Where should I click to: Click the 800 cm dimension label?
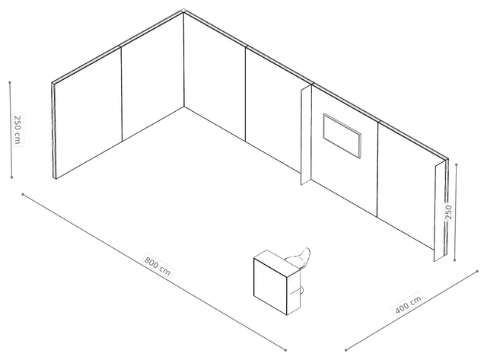point(158,266)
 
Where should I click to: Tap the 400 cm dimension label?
point(409,304)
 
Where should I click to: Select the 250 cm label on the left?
point(18,129)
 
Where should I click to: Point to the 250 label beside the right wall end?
point(448,212)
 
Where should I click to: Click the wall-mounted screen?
point(342,135)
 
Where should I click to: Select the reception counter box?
point(277,282)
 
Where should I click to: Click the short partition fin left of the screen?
point(306,135)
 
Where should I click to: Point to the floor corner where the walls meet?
point(184,107)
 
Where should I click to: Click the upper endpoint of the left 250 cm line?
point(10,83)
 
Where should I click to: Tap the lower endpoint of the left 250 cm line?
point(12,177)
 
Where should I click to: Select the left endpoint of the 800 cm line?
point(23,194)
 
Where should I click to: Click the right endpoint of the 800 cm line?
point(285,350)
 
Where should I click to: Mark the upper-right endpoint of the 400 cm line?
point(477,271)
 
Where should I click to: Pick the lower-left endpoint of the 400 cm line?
point(345,350)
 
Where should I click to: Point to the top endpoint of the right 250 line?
point(457,164)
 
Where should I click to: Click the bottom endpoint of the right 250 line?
point(455,260)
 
